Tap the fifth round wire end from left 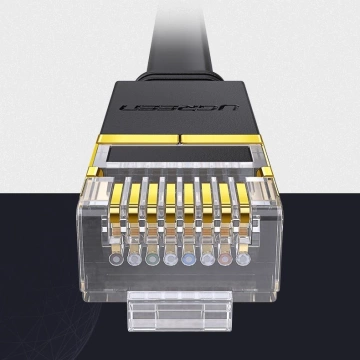click(x=189, y=259)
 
